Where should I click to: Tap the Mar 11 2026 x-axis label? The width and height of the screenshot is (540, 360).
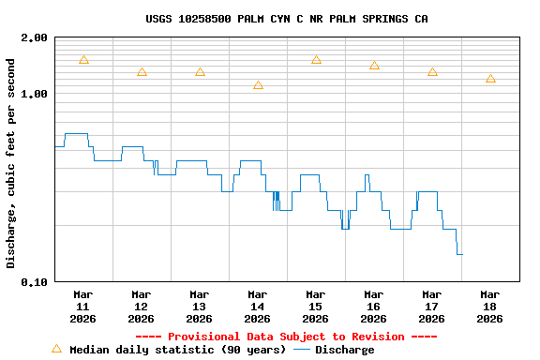click(x=82, y=307)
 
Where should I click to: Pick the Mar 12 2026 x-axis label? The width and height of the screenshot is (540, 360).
click(x=141, y=307)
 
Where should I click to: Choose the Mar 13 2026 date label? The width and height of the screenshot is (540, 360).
click(x=199, y=307)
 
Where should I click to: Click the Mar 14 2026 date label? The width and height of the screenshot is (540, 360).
click(x=257, y=307)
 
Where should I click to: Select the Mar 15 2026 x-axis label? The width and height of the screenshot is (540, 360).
click(x=315, y=307)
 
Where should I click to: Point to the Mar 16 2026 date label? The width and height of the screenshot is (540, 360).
click(x=373, y=307)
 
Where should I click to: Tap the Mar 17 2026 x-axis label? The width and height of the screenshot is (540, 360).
click(x=431, y=307)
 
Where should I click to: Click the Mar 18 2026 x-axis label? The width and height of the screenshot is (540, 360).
click(x=489, y=307)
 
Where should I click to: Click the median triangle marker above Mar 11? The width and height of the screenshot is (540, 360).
click(x=83, y=60)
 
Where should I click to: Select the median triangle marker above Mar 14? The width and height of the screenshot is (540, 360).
click(x=258, y=86)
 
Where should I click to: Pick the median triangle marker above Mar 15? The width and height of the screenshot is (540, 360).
click(x=316, y=60)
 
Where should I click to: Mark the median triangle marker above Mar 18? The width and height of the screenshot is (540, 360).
click(x=490, y=79)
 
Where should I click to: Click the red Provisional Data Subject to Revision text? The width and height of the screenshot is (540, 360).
click(x=286, y=337)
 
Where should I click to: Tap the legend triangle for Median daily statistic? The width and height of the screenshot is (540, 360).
click(x=56, y=349)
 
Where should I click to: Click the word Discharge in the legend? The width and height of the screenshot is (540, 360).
click(x=344, y=350)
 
